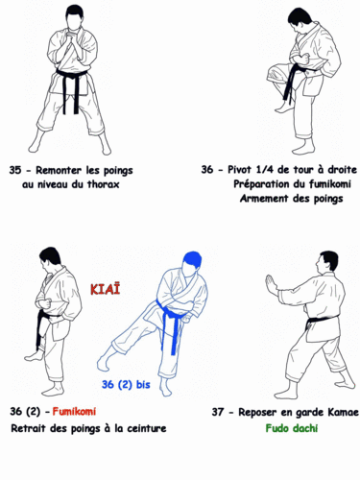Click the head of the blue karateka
(x=188, y=262)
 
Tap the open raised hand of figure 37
(x=270, y=286)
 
